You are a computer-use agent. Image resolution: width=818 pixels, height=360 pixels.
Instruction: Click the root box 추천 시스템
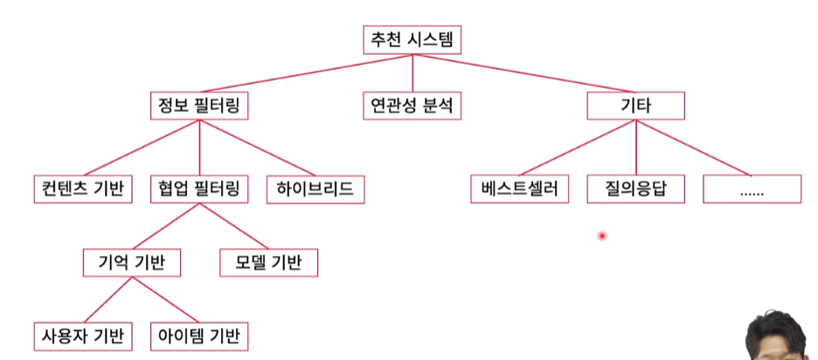412,39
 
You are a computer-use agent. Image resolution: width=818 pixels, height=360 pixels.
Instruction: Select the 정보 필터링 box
198,107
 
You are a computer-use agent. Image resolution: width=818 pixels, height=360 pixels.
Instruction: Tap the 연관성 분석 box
412,107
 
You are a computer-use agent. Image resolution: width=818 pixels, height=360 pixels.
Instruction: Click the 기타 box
635,107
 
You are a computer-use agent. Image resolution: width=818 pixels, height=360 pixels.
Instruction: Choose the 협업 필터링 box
198,188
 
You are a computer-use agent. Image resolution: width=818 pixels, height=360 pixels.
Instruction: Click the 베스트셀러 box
519,188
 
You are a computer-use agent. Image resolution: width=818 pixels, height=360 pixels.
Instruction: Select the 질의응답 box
635,188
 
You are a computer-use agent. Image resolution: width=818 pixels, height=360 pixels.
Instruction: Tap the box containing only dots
752,188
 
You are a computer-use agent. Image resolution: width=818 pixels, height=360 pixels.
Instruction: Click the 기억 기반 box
133,262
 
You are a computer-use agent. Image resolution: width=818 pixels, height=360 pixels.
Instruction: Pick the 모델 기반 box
268,262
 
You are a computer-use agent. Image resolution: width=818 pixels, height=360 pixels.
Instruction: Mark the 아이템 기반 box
198,336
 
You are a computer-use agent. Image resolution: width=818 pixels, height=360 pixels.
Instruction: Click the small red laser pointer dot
602,236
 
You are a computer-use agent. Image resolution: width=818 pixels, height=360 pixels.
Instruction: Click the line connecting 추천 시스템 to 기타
524,73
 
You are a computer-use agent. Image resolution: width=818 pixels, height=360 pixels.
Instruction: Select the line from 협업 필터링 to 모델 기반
233,225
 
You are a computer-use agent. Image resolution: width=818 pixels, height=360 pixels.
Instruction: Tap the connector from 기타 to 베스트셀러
577,148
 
